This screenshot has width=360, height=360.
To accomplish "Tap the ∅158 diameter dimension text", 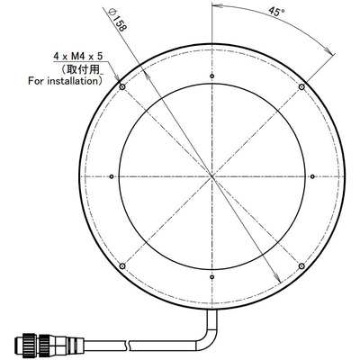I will pos(142,20).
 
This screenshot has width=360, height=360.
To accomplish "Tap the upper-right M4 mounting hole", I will pos(301,86).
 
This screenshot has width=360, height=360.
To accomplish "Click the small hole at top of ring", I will pos(211,75).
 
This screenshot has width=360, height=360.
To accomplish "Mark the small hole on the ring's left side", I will pos(110,176).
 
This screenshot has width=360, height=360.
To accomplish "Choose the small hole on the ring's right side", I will pos(312,176).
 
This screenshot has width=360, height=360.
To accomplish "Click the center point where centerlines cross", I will pos(211,176).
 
